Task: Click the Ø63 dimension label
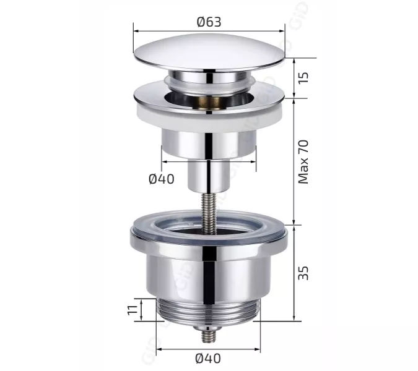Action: point(209,22)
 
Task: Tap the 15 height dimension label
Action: point(303,77)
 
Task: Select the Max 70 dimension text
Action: point(303,162)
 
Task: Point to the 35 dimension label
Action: point(303,273)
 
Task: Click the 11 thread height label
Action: point(133,310)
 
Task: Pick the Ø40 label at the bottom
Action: point(208,358)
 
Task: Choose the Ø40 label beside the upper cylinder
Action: point(162,179)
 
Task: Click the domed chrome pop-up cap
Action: point(209,53)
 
